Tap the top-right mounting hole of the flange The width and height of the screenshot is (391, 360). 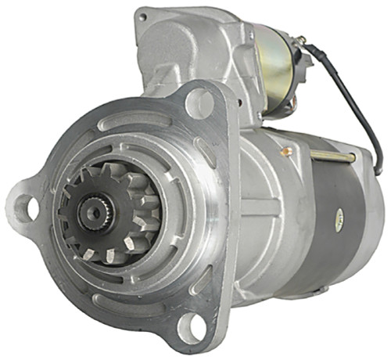click(x=199, y=103)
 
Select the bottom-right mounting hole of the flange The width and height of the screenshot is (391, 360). click(x=192, y=326)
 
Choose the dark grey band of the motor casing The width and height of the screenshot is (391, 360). click(x=344, y=235)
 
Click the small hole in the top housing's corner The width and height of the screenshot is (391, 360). click(x=143, y=14)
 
